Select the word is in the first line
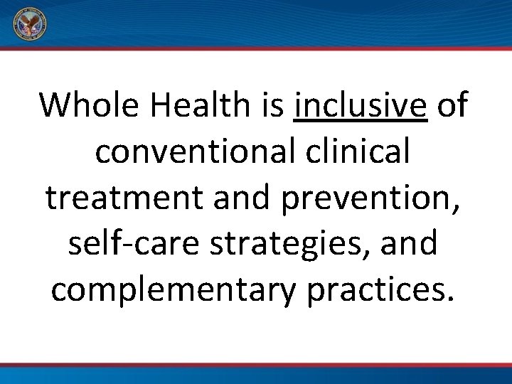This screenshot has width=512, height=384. pos(272,105)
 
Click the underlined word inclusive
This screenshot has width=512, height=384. pos(361,105)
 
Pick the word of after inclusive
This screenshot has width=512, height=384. pos(452,105)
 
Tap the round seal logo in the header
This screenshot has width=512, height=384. pos(29,26)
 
